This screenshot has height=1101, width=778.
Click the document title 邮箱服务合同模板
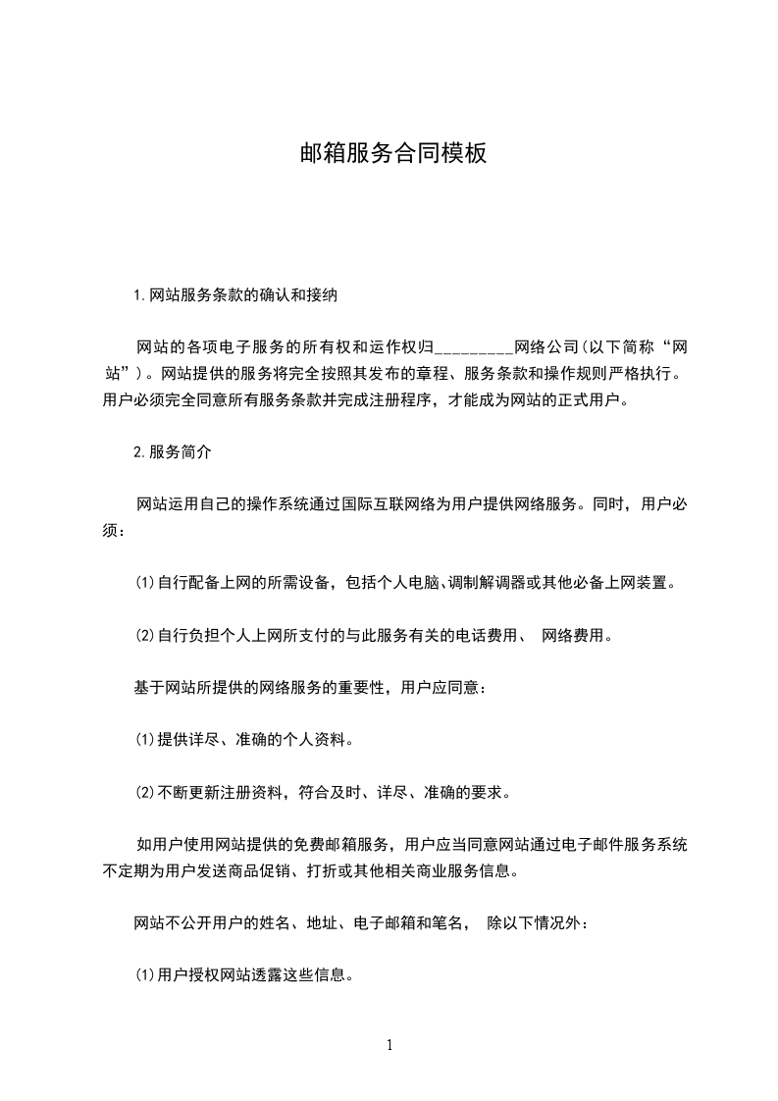point(392,154)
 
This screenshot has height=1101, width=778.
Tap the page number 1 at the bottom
point(389,1045)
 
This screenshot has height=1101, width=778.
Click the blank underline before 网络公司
point(473,348)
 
